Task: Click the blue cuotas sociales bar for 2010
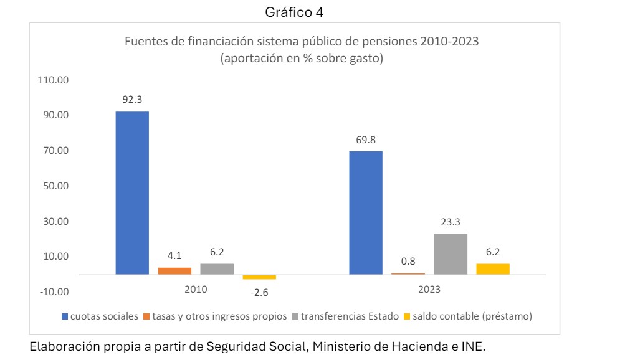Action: tap(132, 192)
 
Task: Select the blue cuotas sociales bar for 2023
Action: tap(366, 212)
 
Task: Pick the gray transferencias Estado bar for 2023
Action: tap(451, 253)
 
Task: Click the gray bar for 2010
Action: tap(217, 269)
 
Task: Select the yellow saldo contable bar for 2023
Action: tap(493, 269)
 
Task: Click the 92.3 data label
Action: tap(132, 99)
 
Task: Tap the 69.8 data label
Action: tap(366, 140)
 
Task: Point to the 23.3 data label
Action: tap(451, 222)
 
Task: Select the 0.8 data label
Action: tap(408, 262)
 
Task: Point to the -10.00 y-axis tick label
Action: tap(55, 291)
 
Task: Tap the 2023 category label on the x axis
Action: tap(429, 290)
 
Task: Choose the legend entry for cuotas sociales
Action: tap(100, 316)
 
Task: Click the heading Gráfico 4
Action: tap(295, 11)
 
